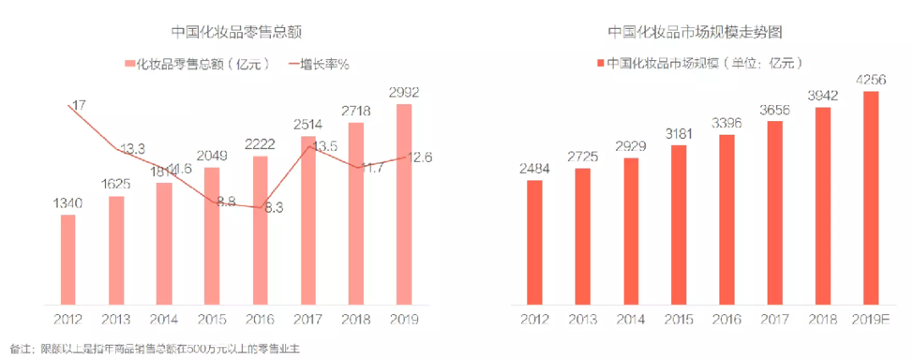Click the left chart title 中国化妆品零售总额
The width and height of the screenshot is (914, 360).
pos(236,32)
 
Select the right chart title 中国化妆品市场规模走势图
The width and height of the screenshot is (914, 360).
pos(694,32)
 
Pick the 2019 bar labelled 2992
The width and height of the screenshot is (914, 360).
pos(405,203)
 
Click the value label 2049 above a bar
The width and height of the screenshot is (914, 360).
pos(212,157)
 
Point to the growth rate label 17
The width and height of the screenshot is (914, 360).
pos(78,106)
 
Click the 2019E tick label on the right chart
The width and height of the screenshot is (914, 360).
pos(869,319)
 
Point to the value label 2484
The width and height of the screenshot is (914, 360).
pos(533,169)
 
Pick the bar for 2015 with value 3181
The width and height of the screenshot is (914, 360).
pos(678,224)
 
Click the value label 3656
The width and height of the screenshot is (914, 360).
pos(774,110)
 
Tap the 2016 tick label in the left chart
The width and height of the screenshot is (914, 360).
pos(261,319)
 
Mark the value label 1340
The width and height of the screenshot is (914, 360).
pos(68,204)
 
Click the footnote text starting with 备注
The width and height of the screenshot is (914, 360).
pos(156,348)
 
